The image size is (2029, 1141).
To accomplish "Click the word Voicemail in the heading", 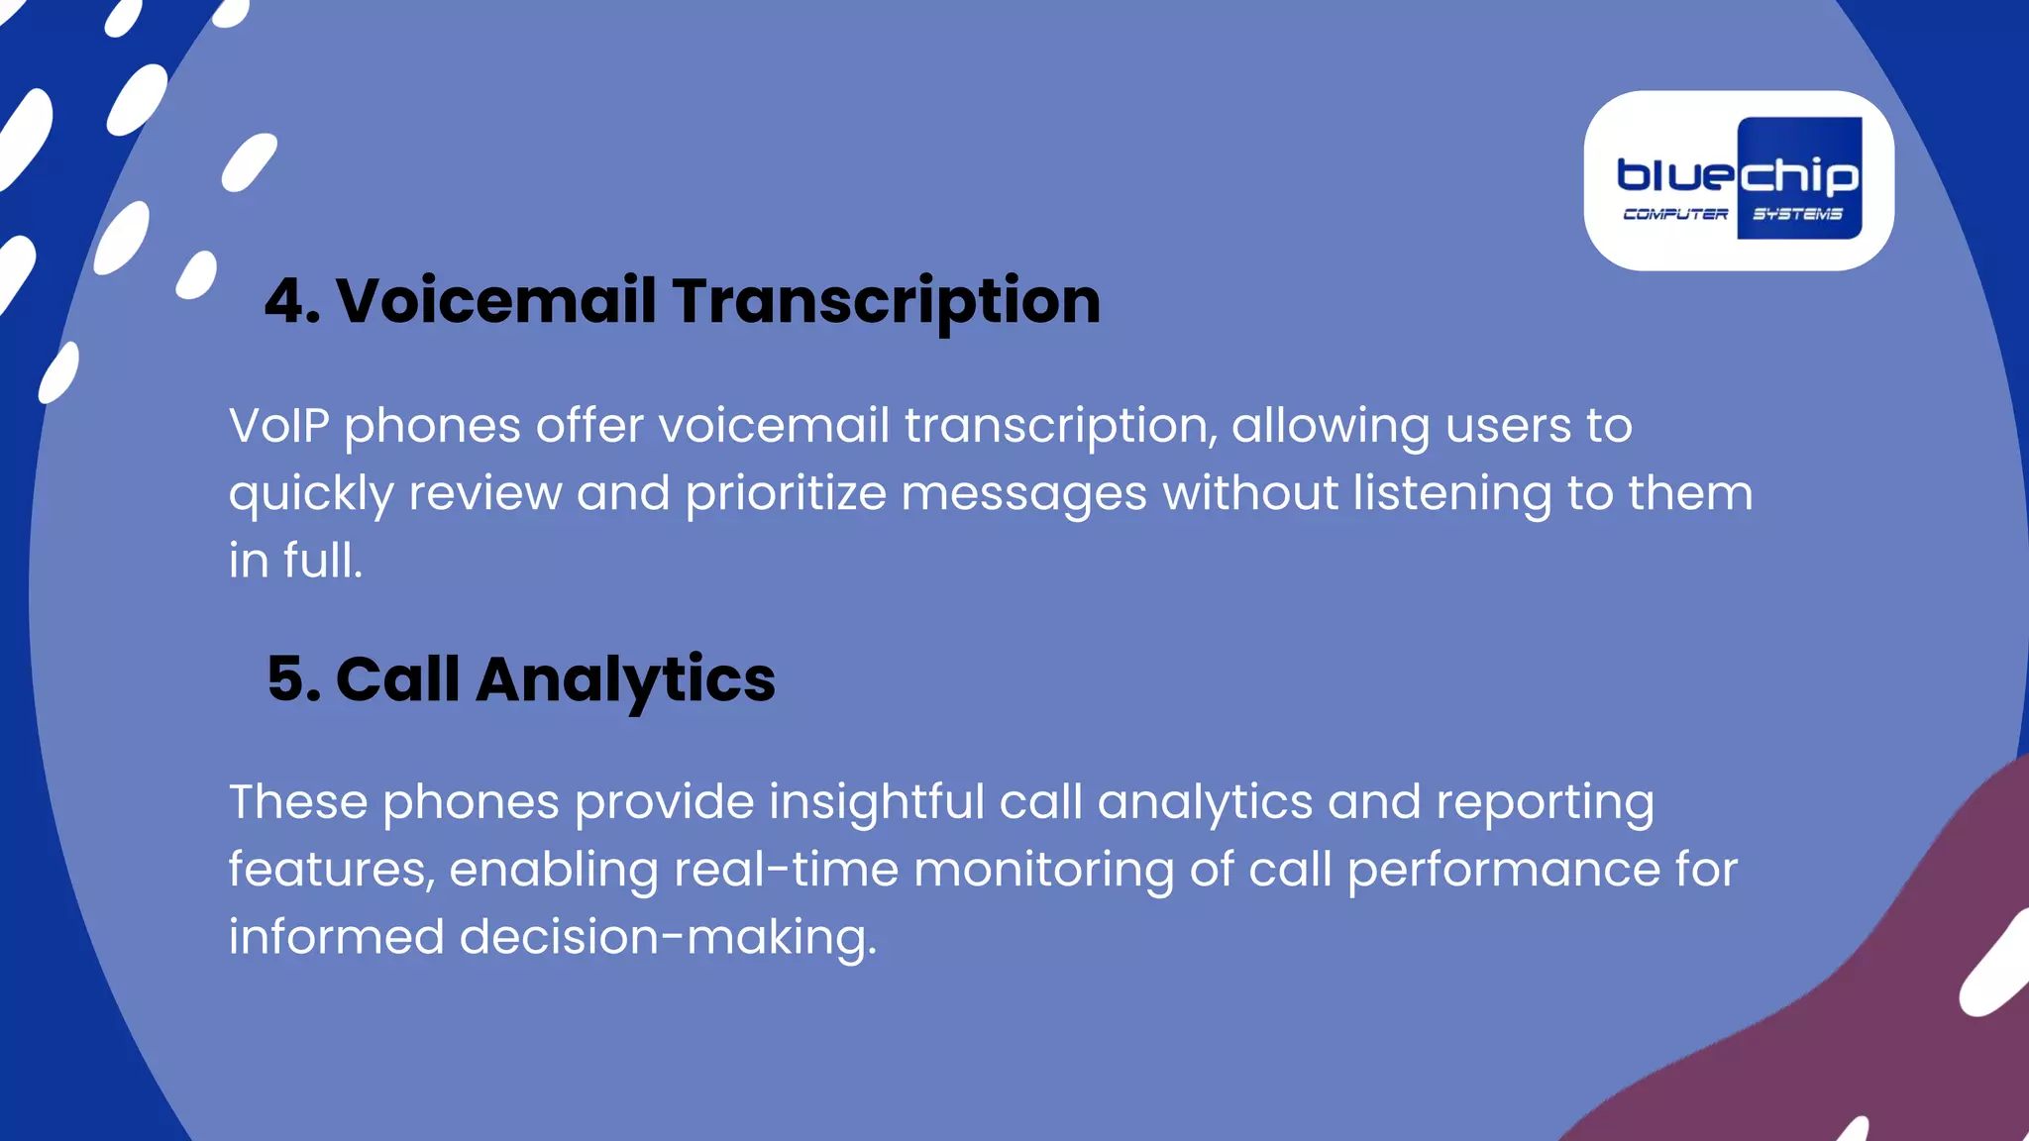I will [x=495, y=301].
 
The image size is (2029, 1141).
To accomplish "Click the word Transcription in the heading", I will [x=886, y=301].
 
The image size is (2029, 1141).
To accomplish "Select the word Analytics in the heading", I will [x=625, y=680].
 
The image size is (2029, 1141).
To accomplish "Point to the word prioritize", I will [x=786, y=493].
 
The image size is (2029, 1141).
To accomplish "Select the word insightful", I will [x=876, y=801].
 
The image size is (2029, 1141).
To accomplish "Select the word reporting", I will [x=1545, y=803].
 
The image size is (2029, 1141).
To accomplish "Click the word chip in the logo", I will [x=1798, y=176].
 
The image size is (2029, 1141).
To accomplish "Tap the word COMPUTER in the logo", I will [x=1675, y=214].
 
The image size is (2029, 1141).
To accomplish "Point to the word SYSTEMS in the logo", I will [x=1797, y=214].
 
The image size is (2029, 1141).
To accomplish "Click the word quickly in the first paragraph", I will [x=311, y=493].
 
